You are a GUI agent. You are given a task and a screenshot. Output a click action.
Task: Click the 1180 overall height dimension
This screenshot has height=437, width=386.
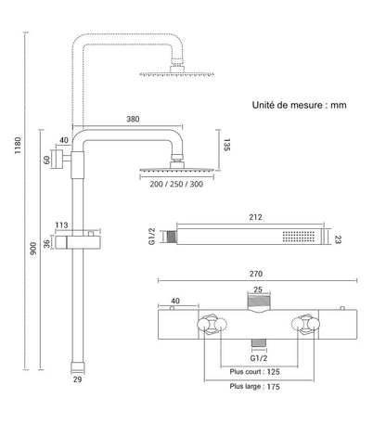coord(18,146)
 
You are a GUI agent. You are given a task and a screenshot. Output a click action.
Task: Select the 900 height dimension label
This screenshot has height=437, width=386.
coord(32,249)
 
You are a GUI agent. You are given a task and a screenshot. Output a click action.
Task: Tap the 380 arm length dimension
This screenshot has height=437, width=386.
coord(133,119)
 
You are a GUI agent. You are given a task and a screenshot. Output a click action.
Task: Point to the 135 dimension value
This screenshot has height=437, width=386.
coord(226,145)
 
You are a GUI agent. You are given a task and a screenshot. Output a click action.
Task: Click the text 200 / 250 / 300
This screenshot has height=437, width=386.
coord(176,184)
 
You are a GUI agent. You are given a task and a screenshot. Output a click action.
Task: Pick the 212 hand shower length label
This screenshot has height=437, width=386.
coord(255,217)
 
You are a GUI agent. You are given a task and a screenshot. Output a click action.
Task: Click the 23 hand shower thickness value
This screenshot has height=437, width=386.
coord(338,239)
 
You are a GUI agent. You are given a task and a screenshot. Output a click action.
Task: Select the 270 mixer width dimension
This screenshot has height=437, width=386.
coord(256,274)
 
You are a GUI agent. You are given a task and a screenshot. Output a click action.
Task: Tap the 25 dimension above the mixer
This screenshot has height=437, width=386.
coord(258,289)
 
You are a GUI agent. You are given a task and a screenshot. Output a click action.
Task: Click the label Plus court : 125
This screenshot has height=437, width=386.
coord(254,372)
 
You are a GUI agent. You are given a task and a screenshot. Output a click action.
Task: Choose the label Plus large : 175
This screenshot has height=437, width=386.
coord(254,387)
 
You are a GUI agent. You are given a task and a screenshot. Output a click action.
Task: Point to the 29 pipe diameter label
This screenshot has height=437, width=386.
coord(77,379)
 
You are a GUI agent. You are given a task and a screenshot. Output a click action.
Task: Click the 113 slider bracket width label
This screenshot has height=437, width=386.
coord(61,225)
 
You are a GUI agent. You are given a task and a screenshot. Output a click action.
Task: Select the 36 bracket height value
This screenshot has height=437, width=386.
coord(46,244)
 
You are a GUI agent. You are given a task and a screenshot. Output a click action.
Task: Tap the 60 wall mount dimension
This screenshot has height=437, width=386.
coord(46,160)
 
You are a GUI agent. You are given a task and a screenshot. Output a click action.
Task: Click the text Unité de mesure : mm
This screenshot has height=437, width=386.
coord(300,105)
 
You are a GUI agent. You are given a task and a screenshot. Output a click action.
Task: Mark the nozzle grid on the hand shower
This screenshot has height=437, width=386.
coord(299,237)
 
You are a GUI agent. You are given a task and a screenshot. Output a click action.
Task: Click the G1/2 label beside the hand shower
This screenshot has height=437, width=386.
coord(152,237)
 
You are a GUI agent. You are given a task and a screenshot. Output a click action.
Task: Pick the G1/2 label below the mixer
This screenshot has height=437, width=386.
coord(259,358)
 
